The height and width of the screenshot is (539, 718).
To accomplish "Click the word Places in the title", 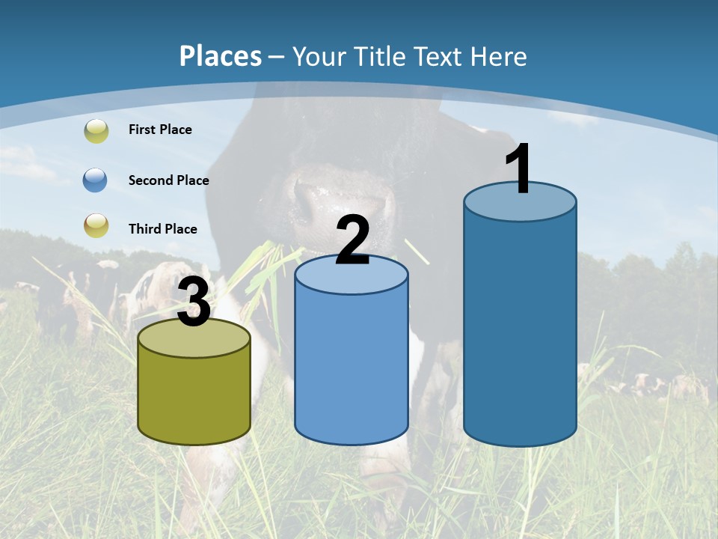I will (x=221, y=56).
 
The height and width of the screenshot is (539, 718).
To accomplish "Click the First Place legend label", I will (x=160, y=130).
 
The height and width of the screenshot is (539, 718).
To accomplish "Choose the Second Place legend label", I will (x=168, y=180).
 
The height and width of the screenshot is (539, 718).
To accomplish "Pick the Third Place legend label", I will (x=162, y=229).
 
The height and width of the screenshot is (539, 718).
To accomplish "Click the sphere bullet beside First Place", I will (x=96, y=131).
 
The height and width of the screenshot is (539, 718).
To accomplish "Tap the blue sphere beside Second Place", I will (x=96, y=180).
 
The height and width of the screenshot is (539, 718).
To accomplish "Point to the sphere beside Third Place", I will (x=96, y=225).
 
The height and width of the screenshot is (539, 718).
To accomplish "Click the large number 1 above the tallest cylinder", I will (x=519, y=168).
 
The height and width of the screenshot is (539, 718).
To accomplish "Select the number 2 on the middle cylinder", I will (x=352, y=240).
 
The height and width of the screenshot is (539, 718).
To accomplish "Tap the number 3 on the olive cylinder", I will (x=194, y=303).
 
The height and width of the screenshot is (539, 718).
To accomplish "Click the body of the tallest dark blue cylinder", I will (x=520, y=329).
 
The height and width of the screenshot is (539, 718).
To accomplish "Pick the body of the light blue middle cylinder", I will (x=352, y=367).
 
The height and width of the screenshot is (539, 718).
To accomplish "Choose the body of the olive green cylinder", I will (x=194, y=397).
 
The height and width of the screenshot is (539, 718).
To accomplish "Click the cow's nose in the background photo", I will (x=314, y=202).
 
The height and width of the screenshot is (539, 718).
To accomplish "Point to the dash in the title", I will (x=276, y=58).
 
